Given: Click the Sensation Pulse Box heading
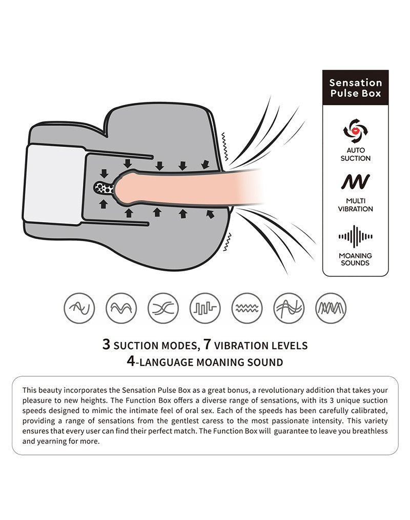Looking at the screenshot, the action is pyautogui.click(x=355, y=88).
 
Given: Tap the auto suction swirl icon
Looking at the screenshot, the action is pyautogui.click(x=356, y=131).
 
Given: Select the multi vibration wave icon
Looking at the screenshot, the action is pyautogui.click(x=355, y=181).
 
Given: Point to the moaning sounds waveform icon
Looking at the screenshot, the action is pyautogui.click(x=356, y=236).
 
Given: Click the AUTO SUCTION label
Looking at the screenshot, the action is pyautogui.click(x=356, y=154).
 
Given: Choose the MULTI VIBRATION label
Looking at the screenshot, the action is pyautogui.click(x=356, y=205).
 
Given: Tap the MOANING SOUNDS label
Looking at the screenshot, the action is pyautogui.click(x=355, y=259).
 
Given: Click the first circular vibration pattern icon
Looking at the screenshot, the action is pyautogui.click(x=79, y=308).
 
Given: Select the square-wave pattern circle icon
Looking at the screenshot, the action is pyautogui.click(x=205, y=308).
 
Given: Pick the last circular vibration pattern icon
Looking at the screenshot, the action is pyautogui.click(x=331, y=308).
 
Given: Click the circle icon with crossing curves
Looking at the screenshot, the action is pyautogui.click(x=163, y=308).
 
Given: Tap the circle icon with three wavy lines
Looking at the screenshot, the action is pyautogui.click(x=247, y=308).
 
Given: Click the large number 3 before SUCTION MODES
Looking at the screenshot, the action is pyautogui.click(x=106, y=344).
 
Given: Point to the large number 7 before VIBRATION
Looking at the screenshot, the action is pyautogui.click(x=208, y=344).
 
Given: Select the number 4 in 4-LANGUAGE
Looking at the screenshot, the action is pyautogui.click(x=131, y=361).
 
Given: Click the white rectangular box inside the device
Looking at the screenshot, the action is pyautogui.click(x=54, y=185).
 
